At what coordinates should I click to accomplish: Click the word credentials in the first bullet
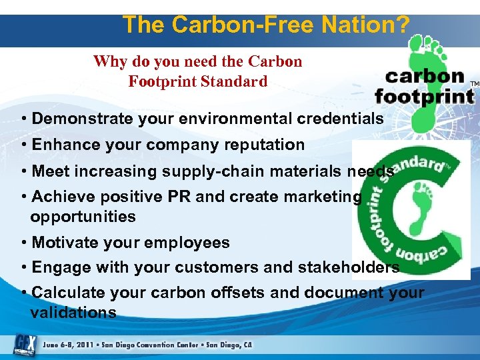click(337, 119)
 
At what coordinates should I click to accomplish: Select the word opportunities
click(83, 217)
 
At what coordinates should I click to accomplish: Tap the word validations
click(73, 312)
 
